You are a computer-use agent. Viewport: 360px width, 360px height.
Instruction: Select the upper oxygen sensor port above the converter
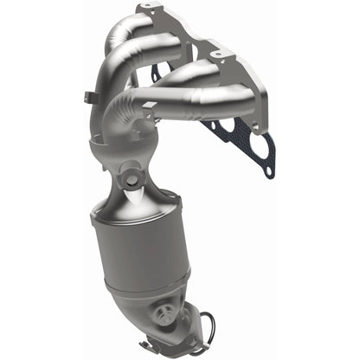click(x=132, y=181)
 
